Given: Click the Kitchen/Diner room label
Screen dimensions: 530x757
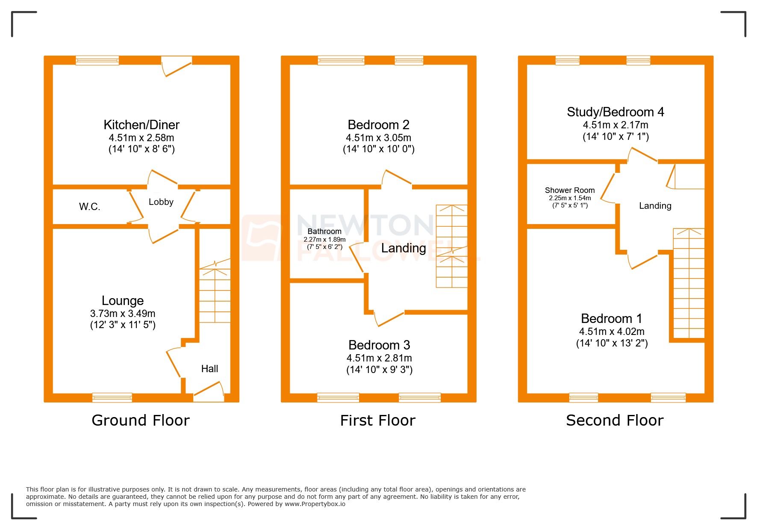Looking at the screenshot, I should (141, 125).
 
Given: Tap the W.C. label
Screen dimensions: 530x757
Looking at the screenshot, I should (89, 207).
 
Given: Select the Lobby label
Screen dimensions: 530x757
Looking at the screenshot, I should (161, 202).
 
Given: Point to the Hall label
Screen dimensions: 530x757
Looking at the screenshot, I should (209, 369).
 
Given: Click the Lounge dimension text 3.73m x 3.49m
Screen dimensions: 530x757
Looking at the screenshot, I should (123, 314).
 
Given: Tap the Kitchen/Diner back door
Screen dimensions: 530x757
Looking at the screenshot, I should (177, 66).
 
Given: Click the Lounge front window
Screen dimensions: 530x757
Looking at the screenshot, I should (112, 397).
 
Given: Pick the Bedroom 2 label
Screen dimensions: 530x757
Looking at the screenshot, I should (378, 125).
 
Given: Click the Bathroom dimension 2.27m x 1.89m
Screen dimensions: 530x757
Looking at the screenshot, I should (324, 240).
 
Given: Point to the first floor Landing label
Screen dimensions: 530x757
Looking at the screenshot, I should (403, 249).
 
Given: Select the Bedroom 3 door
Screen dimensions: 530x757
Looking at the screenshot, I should (389, 319).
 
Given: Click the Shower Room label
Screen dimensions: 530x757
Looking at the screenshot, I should (569, 190).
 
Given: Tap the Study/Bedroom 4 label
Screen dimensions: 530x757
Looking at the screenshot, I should (615, 112).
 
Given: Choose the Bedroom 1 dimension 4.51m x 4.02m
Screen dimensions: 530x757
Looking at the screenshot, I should (612, 332).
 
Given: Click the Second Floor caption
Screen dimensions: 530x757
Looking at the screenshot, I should (614, 420).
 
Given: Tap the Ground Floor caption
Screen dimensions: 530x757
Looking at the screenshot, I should (140, 420).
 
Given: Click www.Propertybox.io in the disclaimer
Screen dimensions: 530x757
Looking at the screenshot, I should (315, 504).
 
